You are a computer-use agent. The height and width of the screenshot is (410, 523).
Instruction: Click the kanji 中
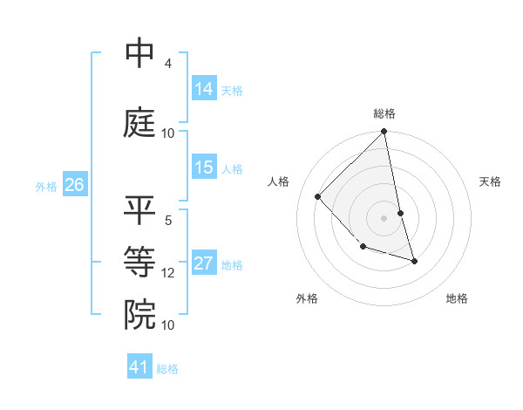coord(140,53)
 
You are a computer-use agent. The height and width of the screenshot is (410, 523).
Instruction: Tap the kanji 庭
coord(140,122)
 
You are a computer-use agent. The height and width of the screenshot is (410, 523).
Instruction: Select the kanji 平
coord(140,210)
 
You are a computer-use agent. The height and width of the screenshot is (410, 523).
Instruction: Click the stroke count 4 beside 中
coord(167,64)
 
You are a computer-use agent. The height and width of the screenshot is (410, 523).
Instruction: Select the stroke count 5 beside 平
coord(167,221)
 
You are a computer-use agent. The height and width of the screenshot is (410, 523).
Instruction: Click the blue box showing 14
coord(204,89)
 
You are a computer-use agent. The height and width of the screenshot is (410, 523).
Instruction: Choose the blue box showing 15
coord(204,167)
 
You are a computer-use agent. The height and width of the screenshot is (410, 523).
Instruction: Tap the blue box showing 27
coord(204,263)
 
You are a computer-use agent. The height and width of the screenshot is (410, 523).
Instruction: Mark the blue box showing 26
coord(74,185)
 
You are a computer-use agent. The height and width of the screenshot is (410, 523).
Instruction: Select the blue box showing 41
coord(139,367)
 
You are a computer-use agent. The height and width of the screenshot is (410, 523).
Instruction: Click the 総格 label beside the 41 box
coord(167,369)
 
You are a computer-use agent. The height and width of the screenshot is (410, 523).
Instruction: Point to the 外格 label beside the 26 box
coord(46,187)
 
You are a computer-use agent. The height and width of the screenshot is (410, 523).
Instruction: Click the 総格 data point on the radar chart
coord(384,133)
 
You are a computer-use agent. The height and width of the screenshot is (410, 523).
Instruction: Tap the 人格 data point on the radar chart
coord(318,197)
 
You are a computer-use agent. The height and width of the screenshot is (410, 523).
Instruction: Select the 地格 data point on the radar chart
coord(414,261)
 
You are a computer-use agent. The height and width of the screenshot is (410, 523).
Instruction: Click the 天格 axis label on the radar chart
coord(490,181)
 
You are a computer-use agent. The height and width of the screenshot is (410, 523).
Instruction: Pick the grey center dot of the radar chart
coord(384,218)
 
